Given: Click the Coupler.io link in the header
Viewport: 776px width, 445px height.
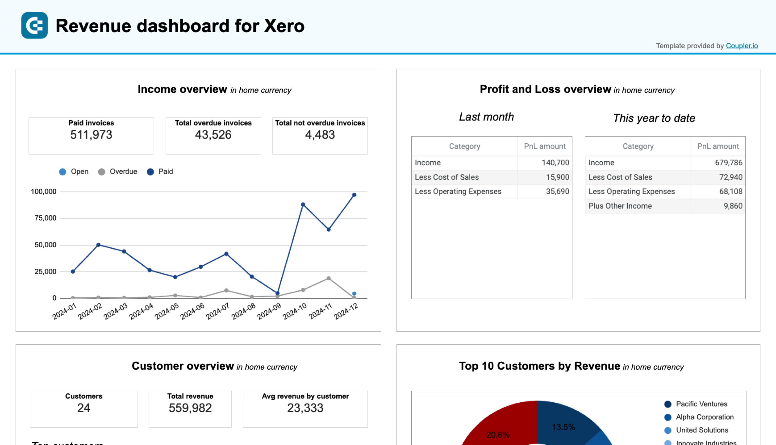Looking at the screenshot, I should [741, 46].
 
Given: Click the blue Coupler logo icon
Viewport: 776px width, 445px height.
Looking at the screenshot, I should [35, 25].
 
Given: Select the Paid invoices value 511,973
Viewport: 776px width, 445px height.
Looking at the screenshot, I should [91, 135].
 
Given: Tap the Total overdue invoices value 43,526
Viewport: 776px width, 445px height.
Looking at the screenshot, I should [213, 135].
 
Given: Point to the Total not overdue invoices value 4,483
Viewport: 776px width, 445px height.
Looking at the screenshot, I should [320, 135].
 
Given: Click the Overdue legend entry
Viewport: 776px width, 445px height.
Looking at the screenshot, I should [118, 172].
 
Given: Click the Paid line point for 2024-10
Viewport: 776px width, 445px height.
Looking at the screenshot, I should [303, 205].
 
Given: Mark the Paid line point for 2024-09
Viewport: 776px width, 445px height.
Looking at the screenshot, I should [278, 293].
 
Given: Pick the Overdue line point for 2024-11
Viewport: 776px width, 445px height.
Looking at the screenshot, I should [329, 278].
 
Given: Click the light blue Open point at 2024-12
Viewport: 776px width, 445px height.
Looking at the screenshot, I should [354, 293].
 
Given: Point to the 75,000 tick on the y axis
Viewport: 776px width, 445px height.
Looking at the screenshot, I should [45, 218].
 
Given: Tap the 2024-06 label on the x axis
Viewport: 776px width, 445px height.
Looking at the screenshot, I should [192, 311].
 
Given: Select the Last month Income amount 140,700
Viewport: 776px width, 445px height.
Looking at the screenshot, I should [555, 162].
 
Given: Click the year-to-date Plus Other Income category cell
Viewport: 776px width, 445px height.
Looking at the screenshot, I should [620, 206].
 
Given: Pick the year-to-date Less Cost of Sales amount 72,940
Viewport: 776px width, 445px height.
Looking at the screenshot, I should [731, 177].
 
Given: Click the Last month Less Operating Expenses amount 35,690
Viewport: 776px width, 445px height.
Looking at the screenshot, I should [557, 191].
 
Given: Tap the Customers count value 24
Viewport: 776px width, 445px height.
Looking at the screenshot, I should [83, 408].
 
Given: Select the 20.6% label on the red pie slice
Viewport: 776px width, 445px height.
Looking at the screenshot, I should [497, 435].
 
